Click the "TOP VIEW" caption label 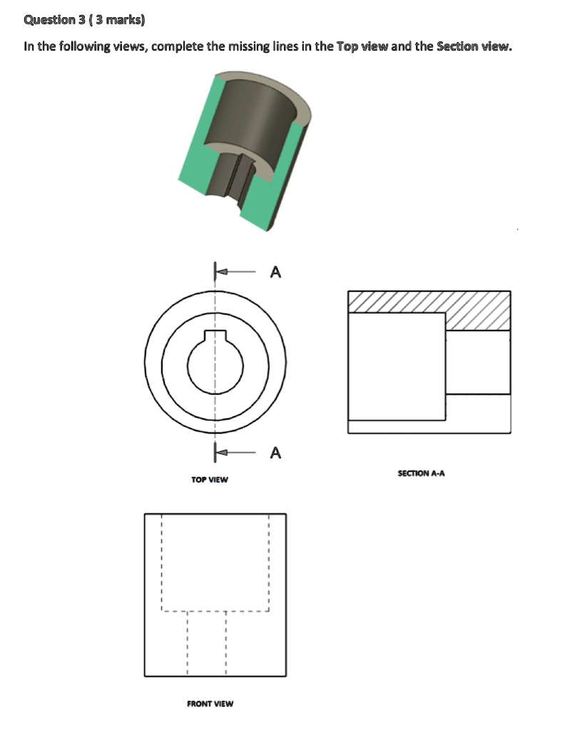click(x=210, y=480)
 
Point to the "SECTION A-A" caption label click(x=421, y=473)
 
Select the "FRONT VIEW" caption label click(x=210, y=704)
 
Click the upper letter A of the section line click(x=276, y=272)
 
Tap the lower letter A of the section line click(x=276, y=453)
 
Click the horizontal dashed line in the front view click(x=214, y=611)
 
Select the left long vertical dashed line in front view click(x=163, y=564)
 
